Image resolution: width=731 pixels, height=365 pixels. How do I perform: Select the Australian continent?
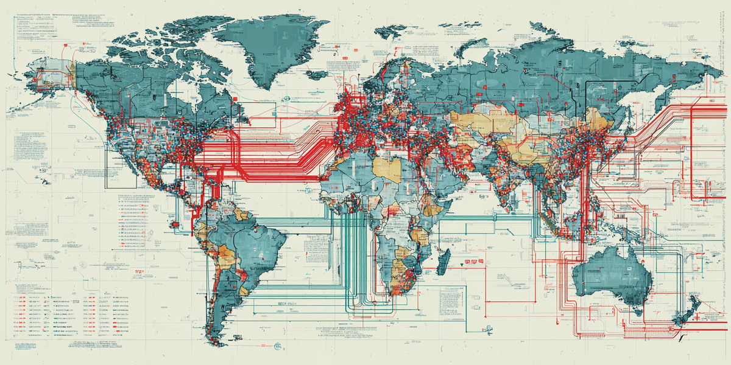[612, 274]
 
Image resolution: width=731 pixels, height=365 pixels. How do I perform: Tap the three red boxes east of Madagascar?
[470, 263]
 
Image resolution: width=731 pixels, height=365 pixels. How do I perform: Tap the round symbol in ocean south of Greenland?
[284, 103]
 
